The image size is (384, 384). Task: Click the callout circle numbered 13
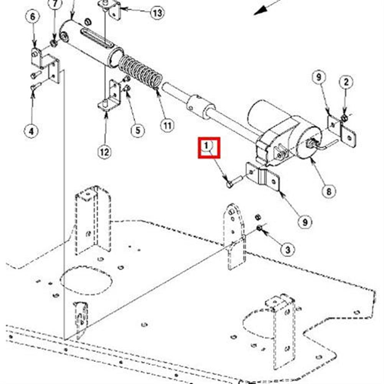point(157,13)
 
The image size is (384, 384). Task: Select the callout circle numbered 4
point(31,131)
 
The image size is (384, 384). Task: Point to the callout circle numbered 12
point(104,152)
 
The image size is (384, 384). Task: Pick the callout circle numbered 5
point(137,130)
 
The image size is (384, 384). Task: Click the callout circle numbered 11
point(167,126)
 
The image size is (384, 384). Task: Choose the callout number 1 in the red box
point(207,146)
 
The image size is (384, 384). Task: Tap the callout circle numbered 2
point(346,82)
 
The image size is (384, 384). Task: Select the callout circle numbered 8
point(329,191)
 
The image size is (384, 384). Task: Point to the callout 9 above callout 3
point(305,222)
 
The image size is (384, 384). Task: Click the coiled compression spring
point(141,71)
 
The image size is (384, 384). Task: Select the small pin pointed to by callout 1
point(234,182)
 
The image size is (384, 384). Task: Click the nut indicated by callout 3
point(259,228)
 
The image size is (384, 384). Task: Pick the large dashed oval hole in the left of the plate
point(86,280)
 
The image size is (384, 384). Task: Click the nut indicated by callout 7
point(54,43)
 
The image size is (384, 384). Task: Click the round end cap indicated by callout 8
point(309,142)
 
